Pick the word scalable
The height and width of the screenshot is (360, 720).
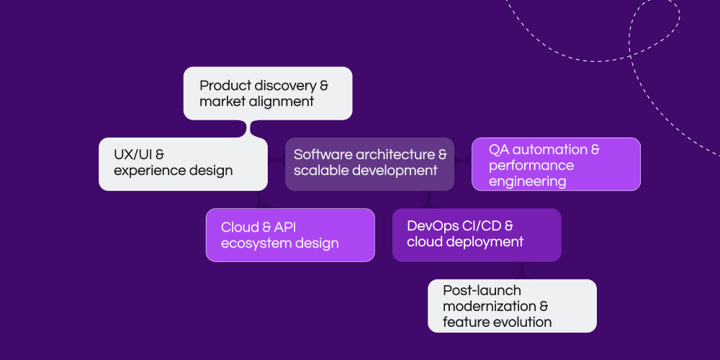pos(317,171)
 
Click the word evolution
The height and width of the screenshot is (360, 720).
pos(521,322)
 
